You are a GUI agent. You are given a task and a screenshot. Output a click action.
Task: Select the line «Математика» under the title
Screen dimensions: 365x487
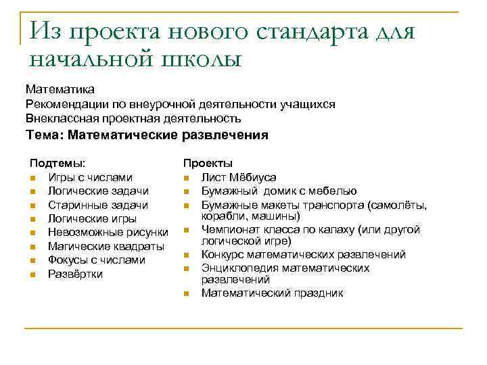(x=60, y=89)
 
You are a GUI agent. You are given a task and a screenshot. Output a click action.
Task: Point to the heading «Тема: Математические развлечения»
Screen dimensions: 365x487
(x=147, y=135)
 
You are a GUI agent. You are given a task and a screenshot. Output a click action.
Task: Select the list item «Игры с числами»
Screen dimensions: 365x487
(x=90, y=177)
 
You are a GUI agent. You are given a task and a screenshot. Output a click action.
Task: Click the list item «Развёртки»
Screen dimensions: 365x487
(x=75, y=274)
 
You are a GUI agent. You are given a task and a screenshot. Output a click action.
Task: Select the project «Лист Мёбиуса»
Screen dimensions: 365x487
(x=238, y=177)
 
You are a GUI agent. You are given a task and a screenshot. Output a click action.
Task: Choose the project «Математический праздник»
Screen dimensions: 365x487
(x=272, y=293)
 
